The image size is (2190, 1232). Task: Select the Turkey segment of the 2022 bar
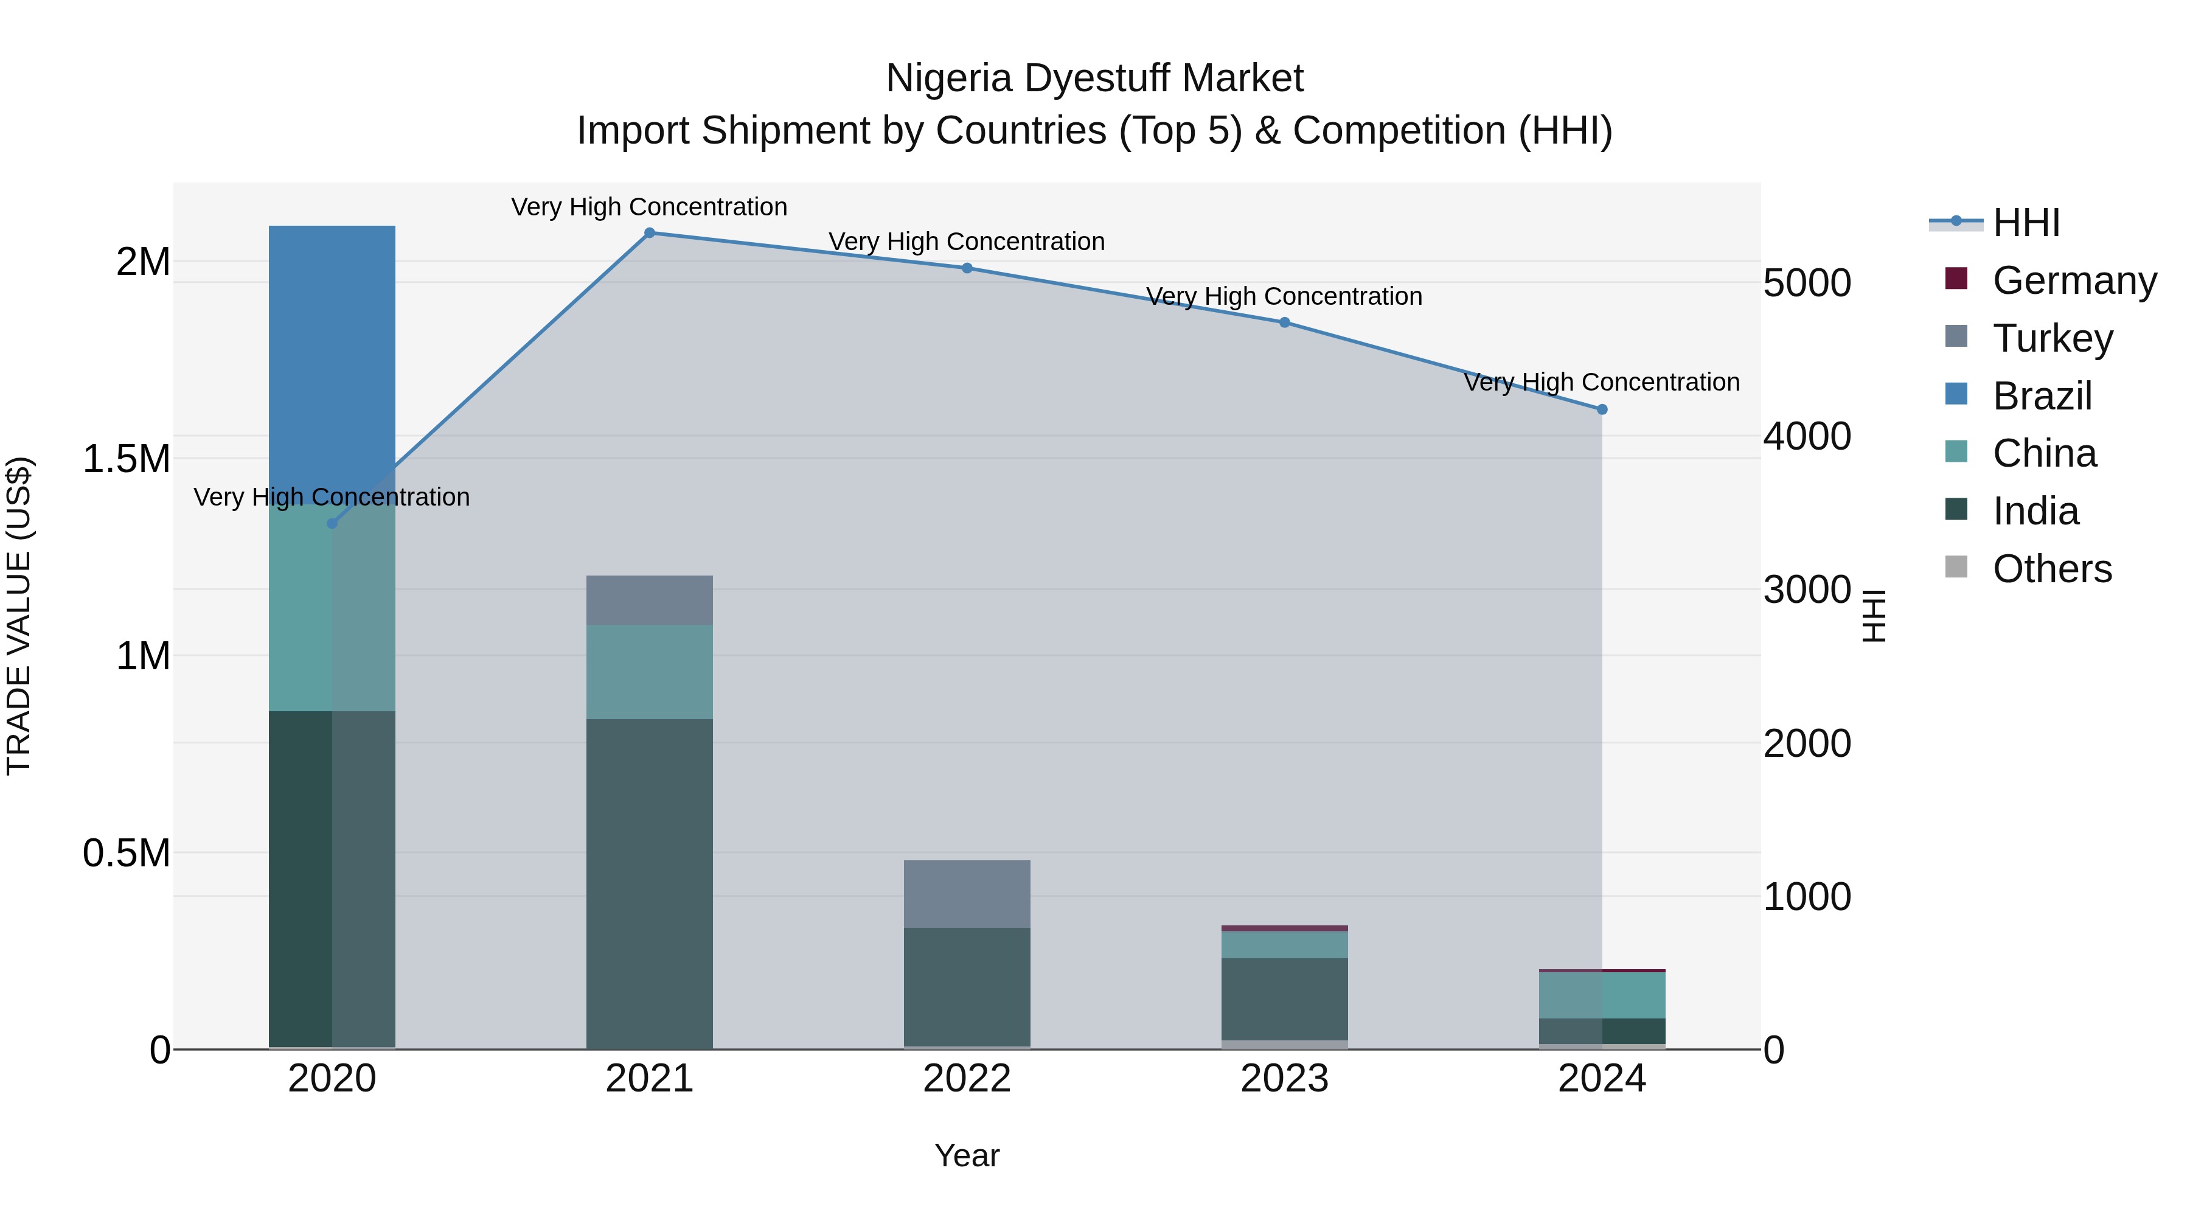click(x=967, y=893)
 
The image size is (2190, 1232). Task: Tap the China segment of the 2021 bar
click(x=650, y=672)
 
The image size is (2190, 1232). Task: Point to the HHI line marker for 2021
click(x=650, y=232)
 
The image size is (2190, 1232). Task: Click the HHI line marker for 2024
click(x=1602, y=409)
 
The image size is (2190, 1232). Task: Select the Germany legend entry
click(x=2074, y=280)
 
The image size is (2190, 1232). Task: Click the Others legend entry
click(x=2051, y=568)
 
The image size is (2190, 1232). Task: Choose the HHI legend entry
click(x=2026, y=223)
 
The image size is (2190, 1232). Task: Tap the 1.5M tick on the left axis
click(x=126, y=459)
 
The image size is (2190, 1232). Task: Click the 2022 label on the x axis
click(x=967, y=1078)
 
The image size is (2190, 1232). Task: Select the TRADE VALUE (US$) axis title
click(x=19, y=616)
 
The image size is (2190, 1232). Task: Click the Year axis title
click(x=967, y=1155)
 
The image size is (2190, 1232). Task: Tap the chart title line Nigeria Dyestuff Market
click(x=1094, y=78)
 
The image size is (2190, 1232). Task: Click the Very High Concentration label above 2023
click(x=1284, y=296)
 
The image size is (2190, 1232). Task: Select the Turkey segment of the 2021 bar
click(x=650, y=599)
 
